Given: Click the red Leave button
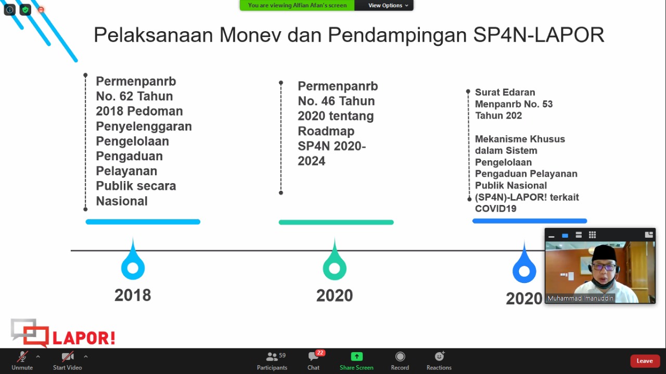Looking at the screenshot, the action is (644, 361).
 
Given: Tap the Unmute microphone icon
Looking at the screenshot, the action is (22, 356).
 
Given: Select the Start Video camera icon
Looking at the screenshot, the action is (68, 356).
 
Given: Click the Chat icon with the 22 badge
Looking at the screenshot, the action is (313, 356).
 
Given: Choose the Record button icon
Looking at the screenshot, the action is (400, 356).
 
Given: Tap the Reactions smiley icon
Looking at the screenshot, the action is (439, 356).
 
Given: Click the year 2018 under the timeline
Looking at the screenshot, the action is (133, 295).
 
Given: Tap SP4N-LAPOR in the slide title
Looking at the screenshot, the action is (539, 35).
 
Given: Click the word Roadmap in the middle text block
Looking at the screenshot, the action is (326, 131).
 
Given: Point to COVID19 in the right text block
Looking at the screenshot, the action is (496, 209).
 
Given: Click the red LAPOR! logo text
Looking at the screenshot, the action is (84, 338).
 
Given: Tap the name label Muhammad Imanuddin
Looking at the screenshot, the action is (580, 298).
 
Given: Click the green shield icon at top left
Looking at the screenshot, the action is (25, 10).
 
